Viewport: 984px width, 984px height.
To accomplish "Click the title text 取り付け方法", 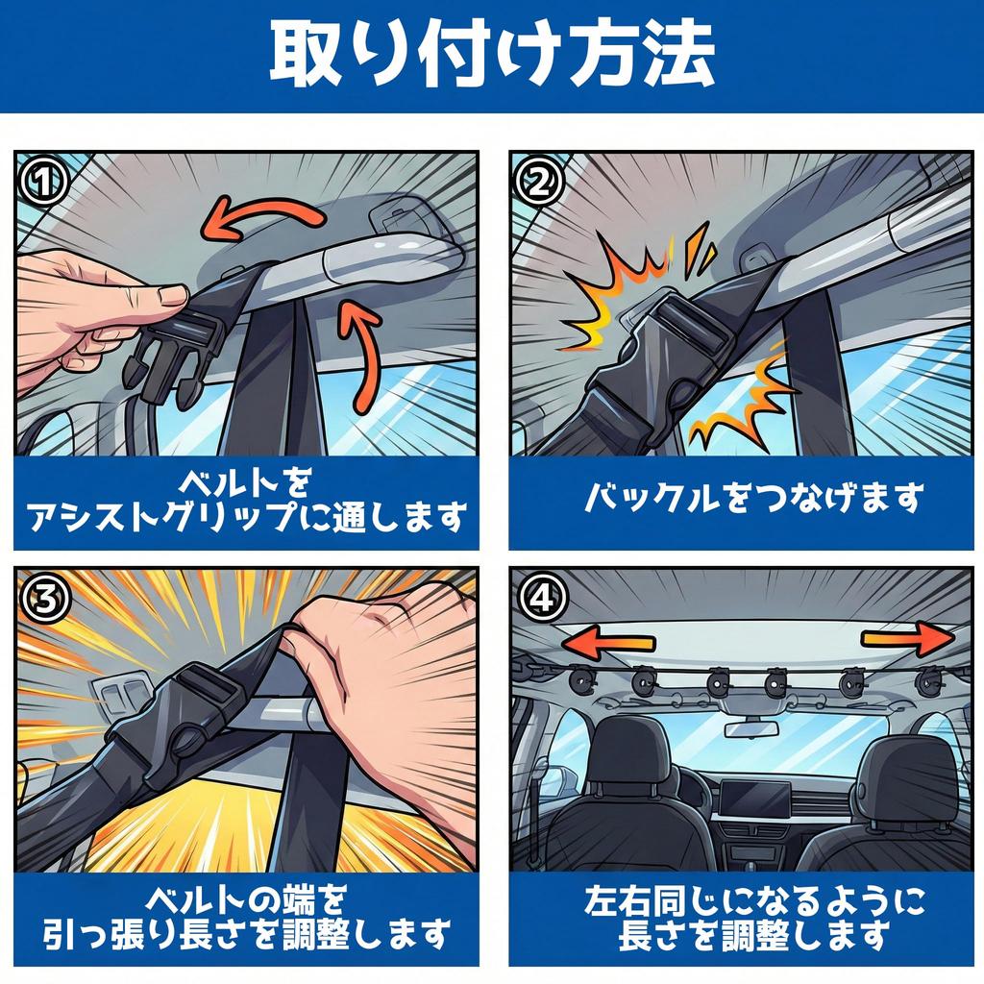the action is coord(492,54).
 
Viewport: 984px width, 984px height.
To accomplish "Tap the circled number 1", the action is coord(42,182).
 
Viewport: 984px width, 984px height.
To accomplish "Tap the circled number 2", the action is coord(538,182).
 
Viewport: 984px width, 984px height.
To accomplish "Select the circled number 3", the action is coord(42,599).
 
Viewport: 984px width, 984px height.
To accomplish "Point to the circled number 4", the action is coord(541,599).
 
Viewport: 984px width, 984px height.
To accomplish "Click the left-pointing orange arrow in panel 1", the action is coord(260,218).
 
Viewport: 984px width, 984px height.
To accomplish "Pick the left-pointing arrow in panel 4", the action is coord(607,643).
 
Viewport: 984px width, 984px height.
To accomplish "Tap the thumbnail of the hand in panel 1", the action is coord(172,294).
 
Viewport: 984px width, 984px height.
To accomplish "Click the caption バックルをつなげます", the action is coord(754,498).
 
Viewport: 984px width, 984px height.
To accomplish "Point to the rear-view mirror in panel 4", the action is coord(751,729).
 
